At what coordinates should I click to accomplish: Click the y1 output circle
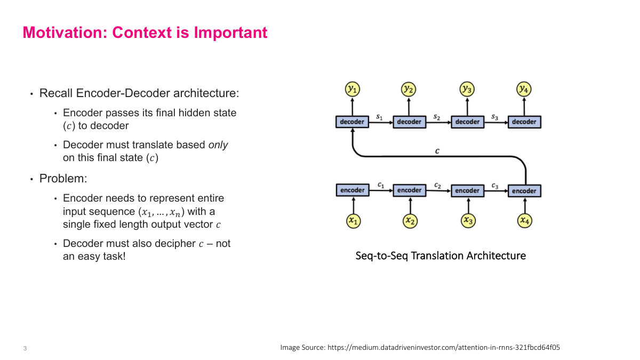pos(352,89)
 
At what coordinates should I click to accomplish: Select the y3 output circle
pos(467,89)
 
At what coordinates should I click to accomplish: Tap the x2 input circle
pos(410,220)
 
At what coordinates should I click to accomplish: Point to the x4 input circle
pos(525,220)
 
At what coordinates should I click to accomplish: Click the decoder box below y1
pos(352,122)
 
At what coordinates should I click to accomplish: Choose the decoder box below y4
pos(524,122)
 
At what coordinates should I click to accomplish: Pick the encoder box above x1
pos(352,190)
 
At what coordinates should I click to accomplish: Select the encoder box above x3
pos(467,190)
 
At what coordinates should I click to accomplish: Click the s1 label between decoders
pos(379,116)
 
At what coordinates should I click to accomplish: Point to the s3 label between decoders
pos(495,116)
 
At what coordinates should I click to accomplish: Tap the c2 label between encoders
pos(437,185)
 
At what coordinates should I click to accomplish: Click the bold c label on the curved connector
pos(437,151)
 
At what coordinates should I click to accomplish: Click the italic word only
pos(218,145)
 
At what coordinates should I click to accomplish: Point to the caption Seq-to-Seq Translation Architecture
pos(441,256)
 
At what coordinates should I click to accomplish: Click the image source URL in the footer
pos(444,347)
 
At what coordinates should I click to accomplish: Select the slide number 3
pos(25,349)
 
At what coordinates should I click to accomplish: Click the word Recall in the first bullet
pos(56,93)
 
